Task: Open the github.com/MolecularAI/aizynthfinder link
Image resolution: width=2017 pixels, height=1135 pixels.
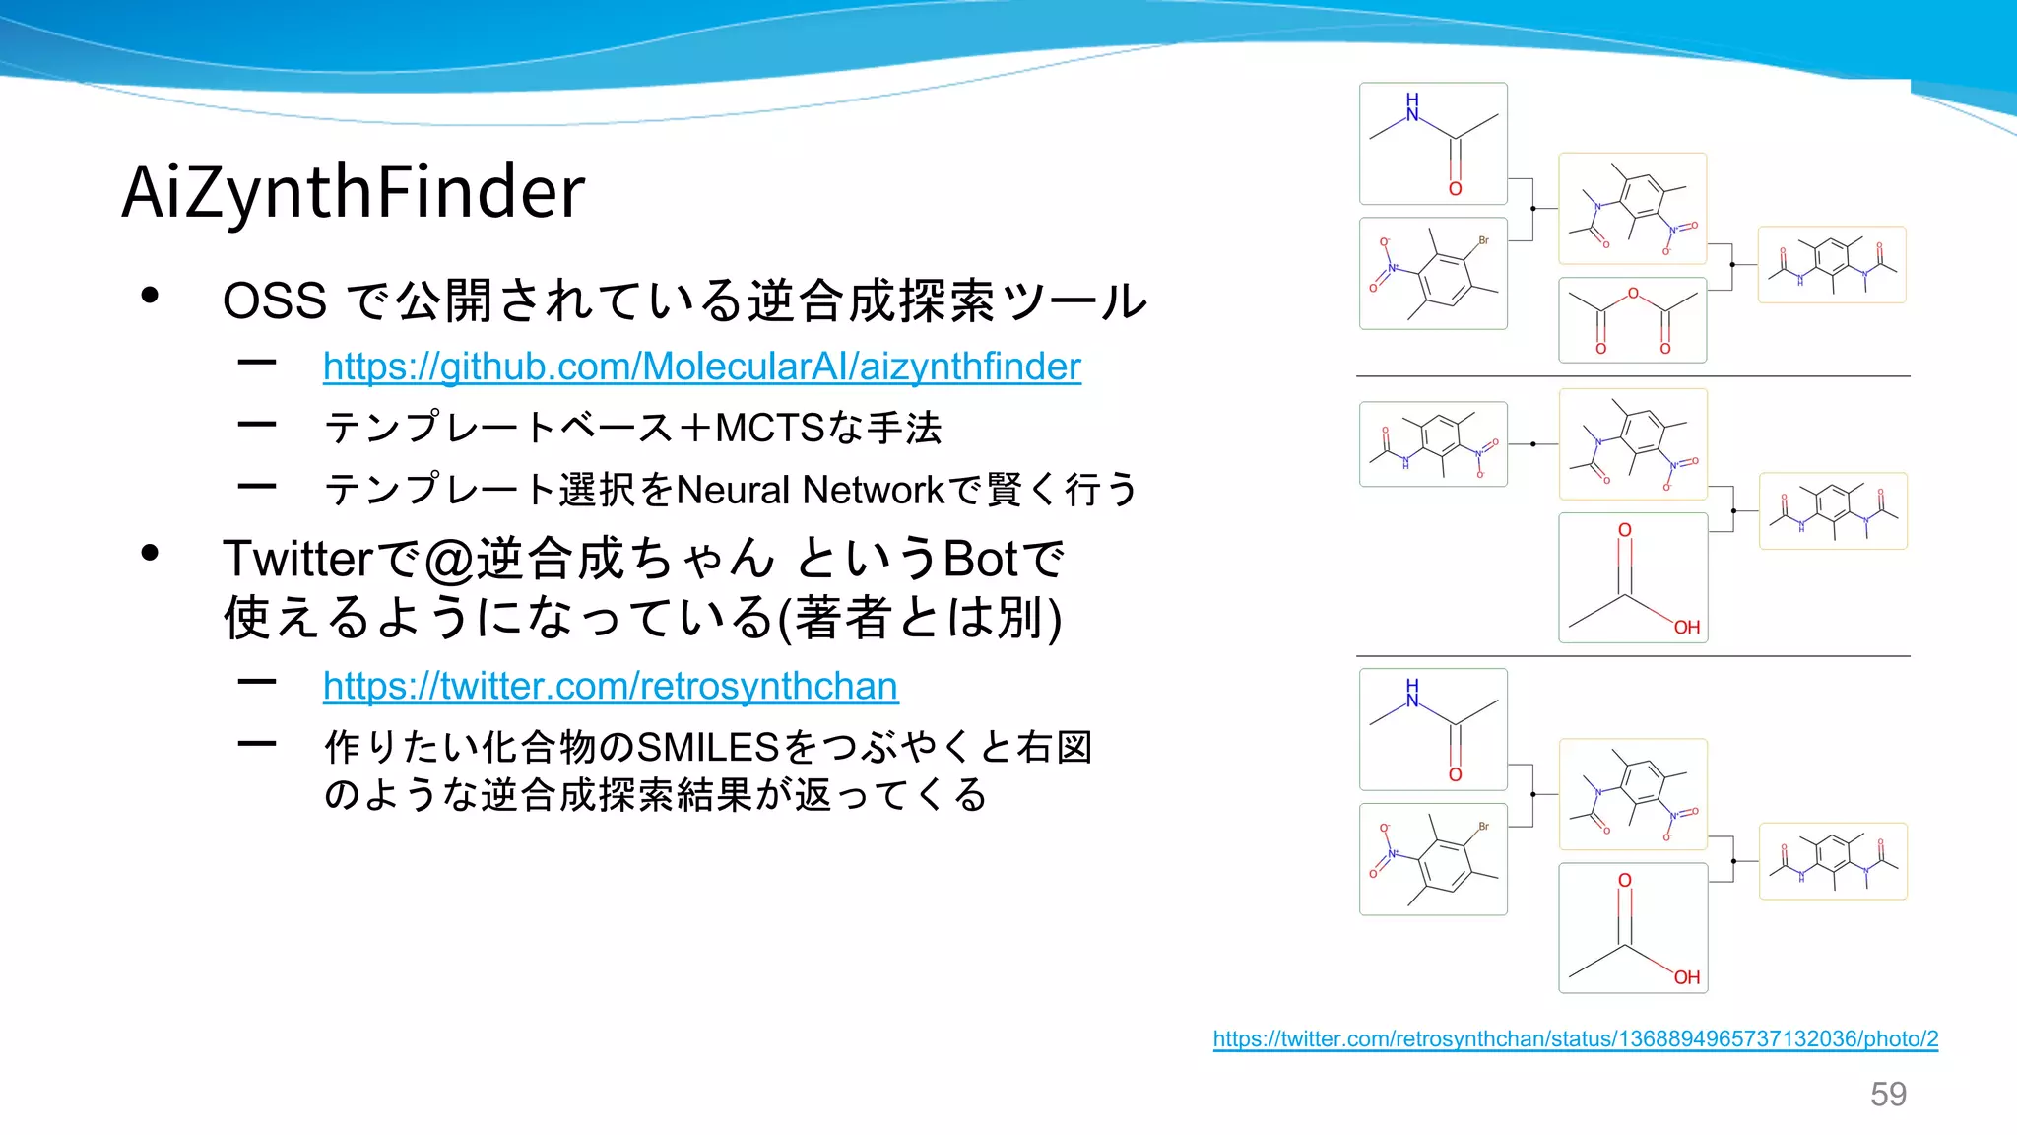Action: (x=701, y=367)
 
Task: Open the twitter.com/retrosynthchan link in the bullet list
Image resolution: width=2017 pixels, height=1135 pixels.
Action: (x=610, y=686)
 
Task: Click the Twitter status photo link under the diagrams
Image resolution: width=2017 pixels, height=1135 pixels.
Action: (x=1575, y=1038)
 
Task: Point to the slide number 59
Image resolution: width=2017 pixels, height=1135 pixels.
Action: (x=1888, y=1094)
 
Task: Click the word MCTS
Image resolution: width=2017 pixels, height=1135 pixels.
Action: (x=769, y=429)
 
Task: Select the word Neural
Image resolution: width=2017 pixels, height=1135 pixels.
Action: (x=734, y=490)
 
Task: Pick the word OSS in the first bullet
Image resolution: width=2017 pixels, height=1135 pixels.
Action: (x=274, y=300)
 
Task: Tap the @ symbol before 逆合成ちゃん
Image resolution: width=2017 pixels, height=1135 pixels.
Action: (x=449, y=560)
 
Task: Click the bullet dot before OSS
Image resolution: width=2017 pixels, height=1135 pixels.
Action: (x=150, y=296)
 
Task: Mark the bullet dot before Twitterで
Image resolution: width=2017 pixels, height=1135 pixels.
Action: (x=150, y=553)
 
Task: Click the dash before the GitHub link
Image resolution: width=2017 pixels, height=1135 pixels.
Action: (x=257, y=364)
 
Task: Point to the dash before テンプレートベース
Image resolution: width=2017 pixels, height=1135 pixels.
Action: (x=257, y=425)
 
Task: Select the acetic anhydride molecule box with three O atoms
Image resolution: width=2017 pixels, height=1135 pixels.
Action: (x=1632, y=320)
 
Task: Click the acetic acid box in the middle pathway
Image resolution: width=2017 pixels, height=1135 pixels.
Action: (x=1633, y=577)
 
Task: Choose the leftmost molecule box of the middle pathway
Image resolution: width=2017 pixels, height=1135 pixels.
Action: (x=1433, y=444)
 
